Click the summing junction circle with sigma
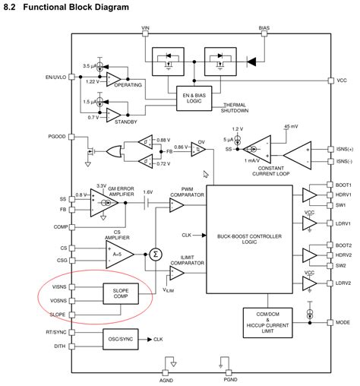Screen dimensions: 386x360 (x=156, y=254)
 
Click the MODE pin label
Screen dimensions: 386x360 (x=343, y=321)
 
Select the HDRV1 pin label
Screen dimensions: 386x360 (x=344, y=195)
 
